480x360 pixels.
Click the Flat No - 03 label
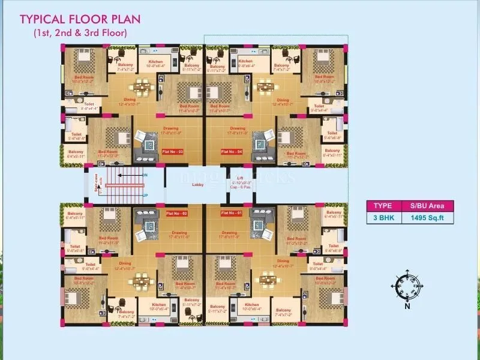[x=173, y=152]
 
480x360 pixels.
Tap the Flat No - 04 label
[x=232, y=152]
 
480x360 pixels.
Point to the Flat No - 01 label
[x=232, y=213]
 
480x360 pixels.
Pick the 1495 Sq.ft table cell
[x=422, y=219]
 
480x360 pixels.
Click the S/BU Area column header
[x=422, y=206]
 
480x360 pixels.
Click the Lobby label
[x=198, y=185]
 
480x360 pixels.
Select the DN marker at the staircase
[x=145, y=175]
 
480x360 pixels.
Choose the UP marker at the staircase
[x=145, y=195]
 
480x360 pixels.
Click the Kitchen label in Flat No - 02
[x=159, y=305]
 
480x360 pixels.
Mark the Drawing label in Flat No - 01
[x=230, y=232]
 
